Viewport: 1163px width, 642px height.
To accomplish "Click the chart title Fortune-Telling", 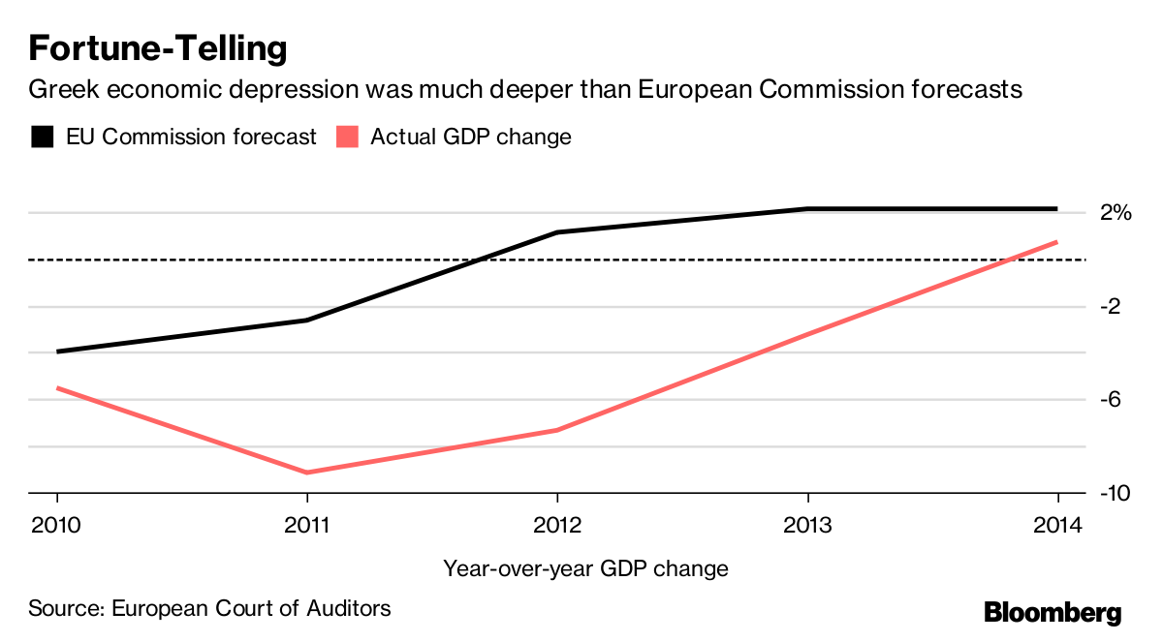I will (158, 47).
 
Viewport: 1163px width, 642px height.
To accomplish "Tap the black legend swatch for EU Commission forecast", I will (42, 137).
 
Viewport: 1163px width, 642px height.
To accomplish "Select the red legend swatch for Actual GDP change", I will (347, 137).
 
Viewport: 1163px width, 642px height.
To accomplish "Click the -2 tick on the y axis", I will (1112, 307).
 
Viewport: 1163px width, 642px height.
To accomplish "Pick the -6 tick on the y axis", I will (1112, 400).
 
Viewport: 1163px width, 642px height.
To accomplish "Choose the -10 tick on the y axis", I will (1116, 494).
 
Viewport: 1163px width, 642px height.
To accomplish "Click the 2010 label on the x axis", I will (57, 526).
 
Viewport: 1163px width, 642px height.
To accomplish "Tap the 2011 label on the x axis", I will (306, 526).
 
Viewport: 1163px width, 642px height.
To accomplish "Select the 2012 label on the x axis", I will (556, 526).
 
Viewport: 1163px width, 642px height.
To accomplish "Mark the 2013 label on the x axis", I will (807, 526).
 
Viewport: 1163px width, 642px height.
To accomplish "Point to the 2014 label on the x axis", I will (1056, 526).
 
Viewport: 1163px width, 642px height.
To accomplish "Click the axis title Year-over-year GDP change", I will (585, 568).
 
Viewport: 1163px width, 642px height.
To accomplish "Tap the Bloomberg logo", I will (1053, 613).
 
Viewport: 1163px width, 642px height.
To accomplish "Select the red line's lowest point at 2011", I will (307, 473).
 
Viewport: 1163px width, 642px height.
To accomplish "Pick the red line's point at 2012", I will (557, 430).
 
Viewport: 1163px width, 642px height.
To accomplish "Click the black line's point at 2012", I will (557, 232).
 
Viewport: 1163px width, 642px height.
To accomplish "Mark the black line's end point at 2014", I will (1055, 208).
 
